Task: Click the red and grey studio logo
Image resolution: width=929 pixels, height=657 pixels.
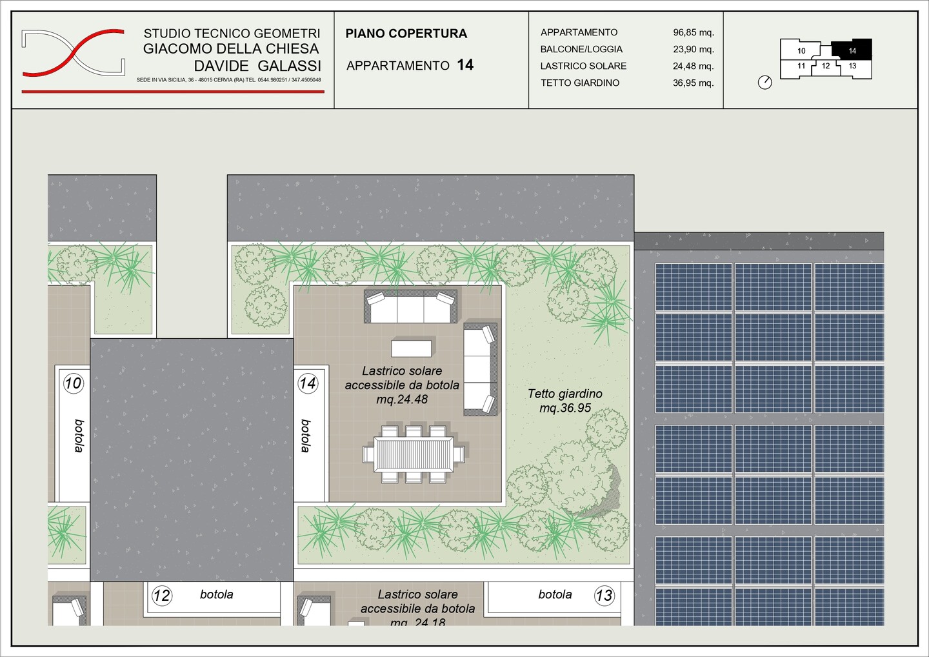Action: tap(73, 53)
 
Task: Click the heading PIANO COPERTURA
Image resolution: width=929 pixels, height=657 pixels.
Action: tap(406, 34)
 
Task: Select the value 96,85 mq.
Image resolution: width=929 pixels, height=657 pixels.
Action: tap(693, 32)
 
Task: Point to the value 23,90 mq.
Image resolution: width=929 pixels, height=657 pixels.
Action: tap(693, 49)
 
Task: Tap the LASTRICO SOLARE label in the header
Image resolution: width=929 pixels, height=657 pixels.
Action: tap(583, 66)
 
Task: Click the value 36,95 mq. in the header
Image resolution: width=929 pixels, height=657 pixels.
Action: tap(693, 83)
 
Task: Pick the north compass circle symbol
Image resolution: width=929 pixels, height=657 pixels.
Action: tap(764, 83)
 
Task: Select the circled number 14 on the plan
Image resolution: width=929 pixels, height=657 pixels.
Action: tap(308, 383)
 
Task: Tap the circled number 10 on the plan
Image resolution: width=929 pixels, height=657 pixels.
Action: tap(74, 383)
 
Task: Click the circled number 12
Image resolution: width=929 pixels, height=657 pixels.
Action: tap(162, 596)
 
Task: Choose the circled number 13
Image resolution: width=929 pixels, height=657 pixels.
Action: tap(604, 596)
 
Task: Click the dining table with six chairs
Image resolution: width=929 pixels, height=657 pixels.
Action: tap(414, 454)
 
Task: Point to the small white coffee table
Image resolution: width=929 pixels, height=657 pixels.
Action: tap(412, 349)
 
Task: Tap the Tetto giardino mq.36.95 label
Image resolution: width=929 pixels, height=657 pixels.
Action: tap(565, 401)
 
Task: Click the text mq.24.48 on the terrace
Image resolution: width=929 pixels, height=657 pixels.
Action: tap(402, 399)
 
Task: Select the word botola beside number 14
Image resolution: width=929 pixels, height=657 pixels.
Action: tap(306, 436)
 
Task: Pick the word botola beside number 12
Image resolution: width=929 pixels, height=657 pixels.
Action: tap(217, 594)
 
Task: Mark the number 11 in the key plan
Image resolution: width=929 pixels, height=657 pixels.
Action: tap(801, 66)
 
